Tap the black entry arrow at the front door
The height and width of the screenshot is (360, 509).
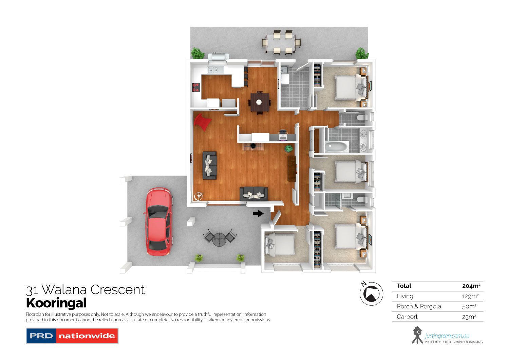258,213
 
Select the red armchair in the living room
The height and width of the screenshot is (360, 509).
203,122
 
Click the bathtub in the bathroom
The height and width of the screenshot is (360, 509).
337,147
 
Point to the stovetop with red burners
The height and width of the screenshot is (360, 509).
196,87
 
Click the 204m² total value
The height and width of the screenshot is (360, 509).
471,286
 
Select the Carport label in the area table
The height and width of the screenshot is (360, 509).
407,317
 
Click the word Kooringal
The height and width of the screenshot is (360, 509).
56,303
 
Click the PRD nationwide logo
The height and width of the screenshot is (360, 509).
72,336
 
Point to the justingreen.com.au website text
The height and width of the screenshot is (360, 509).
447,336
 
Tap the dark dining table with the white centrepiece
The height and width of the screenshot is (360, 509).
260,102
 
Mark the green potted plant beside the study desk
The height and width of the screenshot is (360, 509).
289,148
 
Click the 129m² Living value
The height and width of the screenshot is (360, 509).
470,296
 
